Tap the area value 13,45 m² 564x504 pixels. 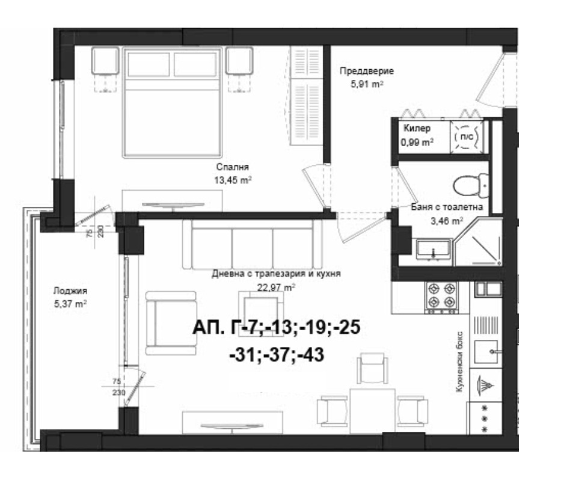[232, 179]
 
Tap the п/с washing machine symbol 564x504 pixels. [467, 138]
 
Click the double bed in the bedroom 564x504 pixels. [172, 102]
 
